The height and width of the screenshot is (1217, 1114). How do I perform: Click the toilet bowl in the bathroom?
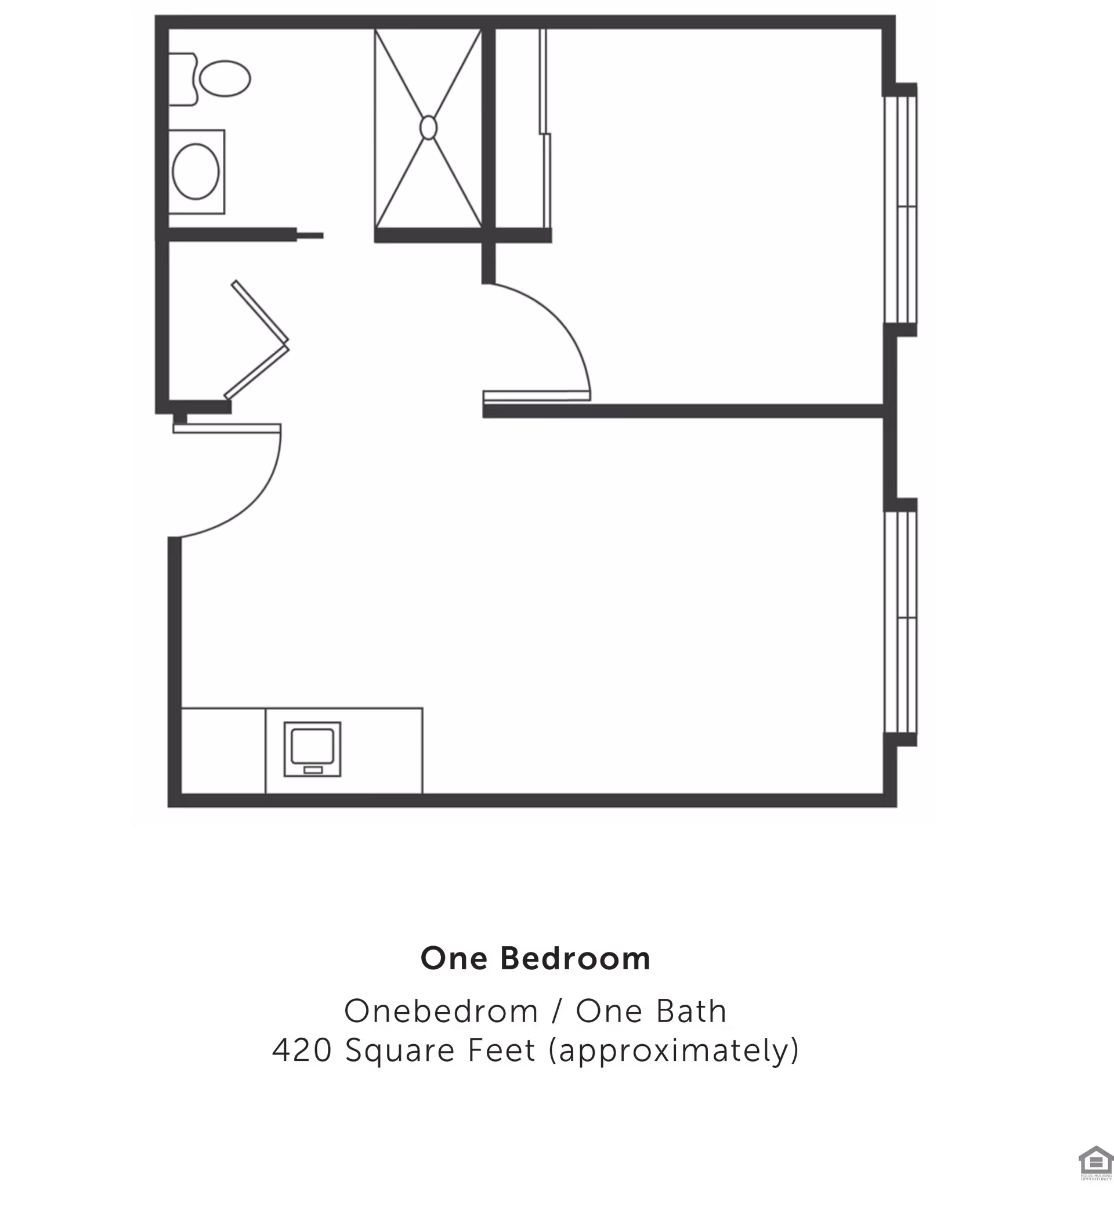[x=225, y=78]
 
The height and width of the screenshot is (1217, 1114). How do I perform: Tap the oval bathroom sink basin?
[x=196, y=172]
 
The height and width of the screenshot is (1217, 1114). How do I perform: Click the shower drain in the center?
[x=428, y=128]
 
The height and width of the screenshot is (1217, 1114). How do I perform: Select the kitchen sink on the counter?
[x=312, y=746]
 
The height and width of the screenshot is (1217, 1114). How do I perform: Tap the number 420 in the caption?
[x=302, y=1051]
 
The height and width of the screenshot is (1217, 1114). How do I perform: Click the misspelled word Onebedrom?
[x=441, y=1011]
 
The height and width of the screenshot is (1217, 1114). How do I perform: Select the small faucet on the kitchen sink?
[x=312, y=770]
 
